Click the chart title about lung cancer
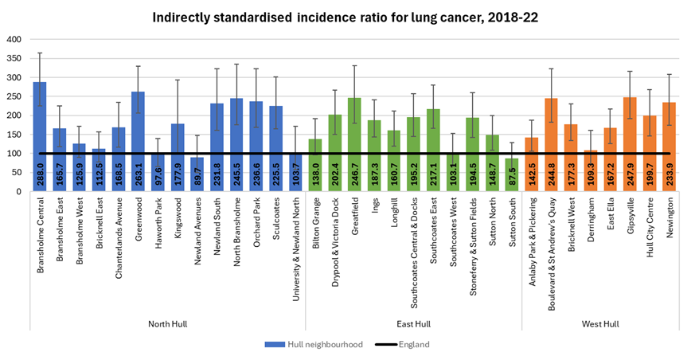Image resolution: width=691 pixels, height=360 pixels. pos(345,17)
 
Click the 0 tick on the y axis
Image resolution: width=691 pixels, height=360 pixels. pos(19,192)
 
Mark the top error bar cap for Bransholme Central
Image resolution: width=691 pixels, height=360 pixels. pos(40,53)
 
